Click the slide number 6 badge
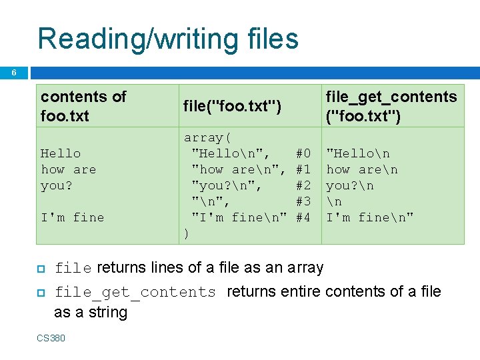tap(14, 73)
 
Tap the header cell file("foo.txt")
tap(232, 106)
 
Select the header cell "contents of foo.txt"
tap(83, 106)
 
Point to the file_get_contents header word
tap(391, 97)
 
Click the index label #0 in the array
tap(303, 153)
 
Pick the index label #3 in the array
tap(303, 201)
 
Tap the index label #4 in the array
tap(303, 217)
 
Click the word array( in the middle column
tap(207, 137)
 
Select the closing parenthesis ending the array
tap(187, 233)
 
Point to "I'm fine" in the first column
tap(73, 217)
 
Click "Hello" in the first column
tap(61, 153)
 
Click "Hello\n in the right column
tap(358, 153)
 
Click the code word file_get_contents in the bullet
tap(135, 292)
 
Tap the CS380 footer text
tap(51, 338)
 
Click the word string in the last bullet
tap(107, 312)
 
